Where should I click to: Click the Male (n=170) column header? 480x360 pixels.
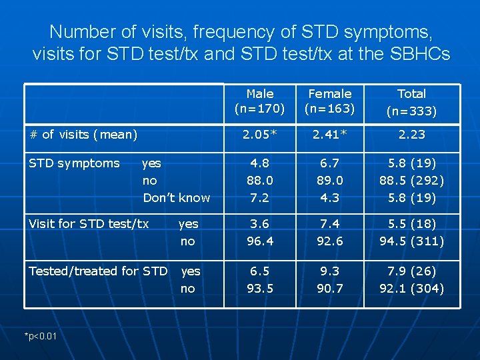(259, 101)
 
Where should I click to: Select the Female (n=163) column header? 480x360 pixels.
(329, 101)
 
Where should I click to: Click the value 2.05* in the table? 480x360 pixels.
(259, 135)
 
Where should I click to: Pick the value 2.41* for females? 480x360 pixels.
(329, 135)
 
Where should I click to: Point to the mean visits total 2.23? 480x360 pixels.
(411, 135)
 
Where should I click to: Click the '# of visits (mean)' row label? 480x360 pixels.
(83, 135)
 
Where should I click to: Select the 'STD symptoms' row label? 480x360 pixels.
(74, 163)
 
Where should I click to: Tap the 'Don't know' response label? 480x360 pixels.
(176, 198)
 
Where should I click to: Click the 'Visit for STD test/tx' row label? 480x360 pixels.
(89, 224)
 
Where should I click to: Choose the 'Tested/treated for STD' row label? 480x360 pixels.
(98, 271)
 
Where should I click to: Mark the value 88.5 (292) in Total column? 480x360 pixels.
(411, 181)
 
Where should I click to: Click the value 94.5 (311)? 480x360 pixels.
(411, 241)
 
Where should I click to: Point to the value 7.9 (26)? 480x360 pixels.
(411, 271)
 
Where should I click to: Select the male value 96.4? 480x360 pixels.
(259, 241)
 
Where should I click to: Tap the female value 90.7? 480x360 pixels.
(329, 288)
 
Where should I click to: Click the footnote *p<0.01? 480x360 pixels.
(41, 335)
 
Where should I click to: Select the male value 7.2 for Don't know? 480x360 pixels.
(259, 198)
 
